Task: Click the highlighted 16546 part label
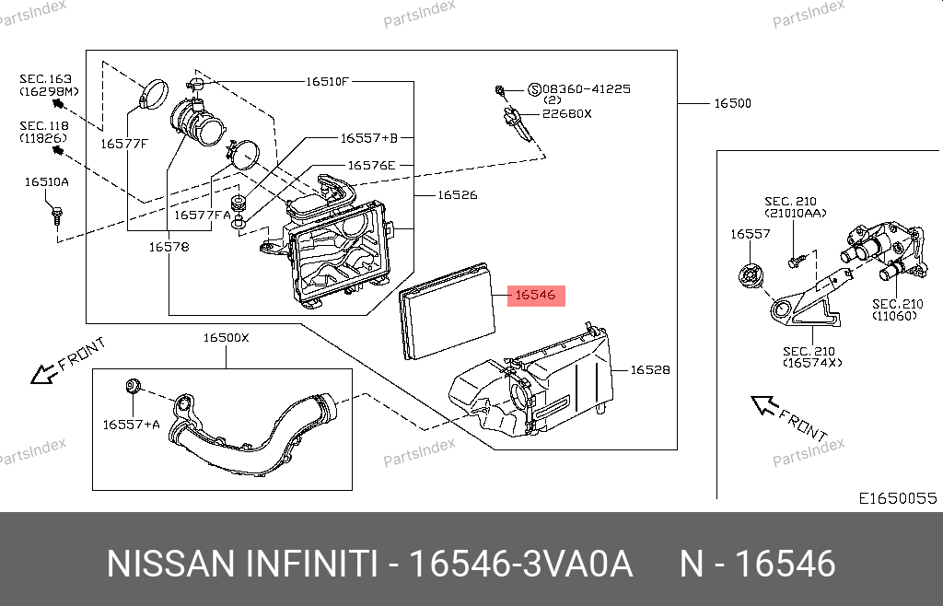click(x=535, y=296)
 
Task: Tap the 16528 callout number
click(x=650, y=370)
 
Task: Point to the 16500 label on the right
click(x=732, y=104)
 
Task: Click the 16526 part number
click(x=457, y=195)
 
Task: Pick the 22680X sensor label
click(x=566, y=113)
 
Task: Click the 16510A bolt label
click(x=46, y=182)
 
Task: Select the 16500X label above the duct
click(x=226, y=338)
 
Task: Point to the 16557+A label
click(x=131, y=425)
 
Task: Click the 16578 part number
click(x=169, y=247)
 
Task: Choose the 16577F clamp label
click(x=124, y=143)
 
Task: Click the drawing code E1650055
click(x=897, y=498)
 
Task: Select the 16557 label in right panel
click(x=750, y=235)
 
